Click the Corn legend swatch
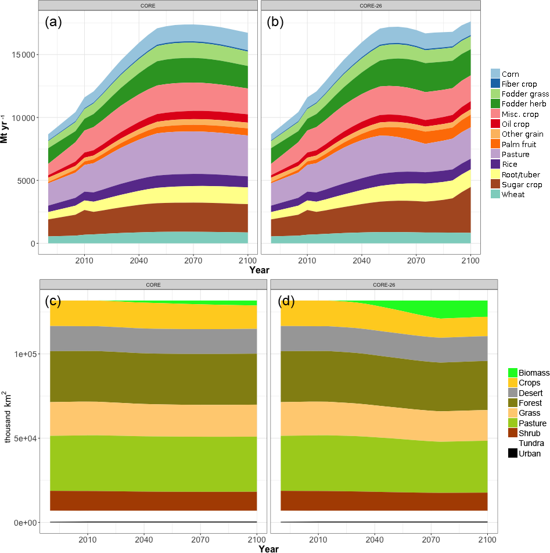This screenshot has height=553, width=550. click(496, 74)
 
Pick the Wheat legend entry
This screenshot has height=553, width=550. click(513, 194)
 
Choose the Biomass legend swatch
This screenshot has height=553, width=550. click(513, 373)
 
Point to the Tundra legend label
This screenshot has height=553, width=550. click(531, 444)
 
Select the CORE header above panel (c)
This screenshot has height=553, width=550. click(153, 284)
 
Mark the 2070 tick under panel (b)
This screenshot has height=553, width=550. click(416, 261)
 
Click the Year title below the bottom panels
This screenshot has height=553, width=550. click(269, 548)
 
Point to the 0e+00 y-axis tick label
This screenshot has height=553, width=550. click(23, 522)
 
